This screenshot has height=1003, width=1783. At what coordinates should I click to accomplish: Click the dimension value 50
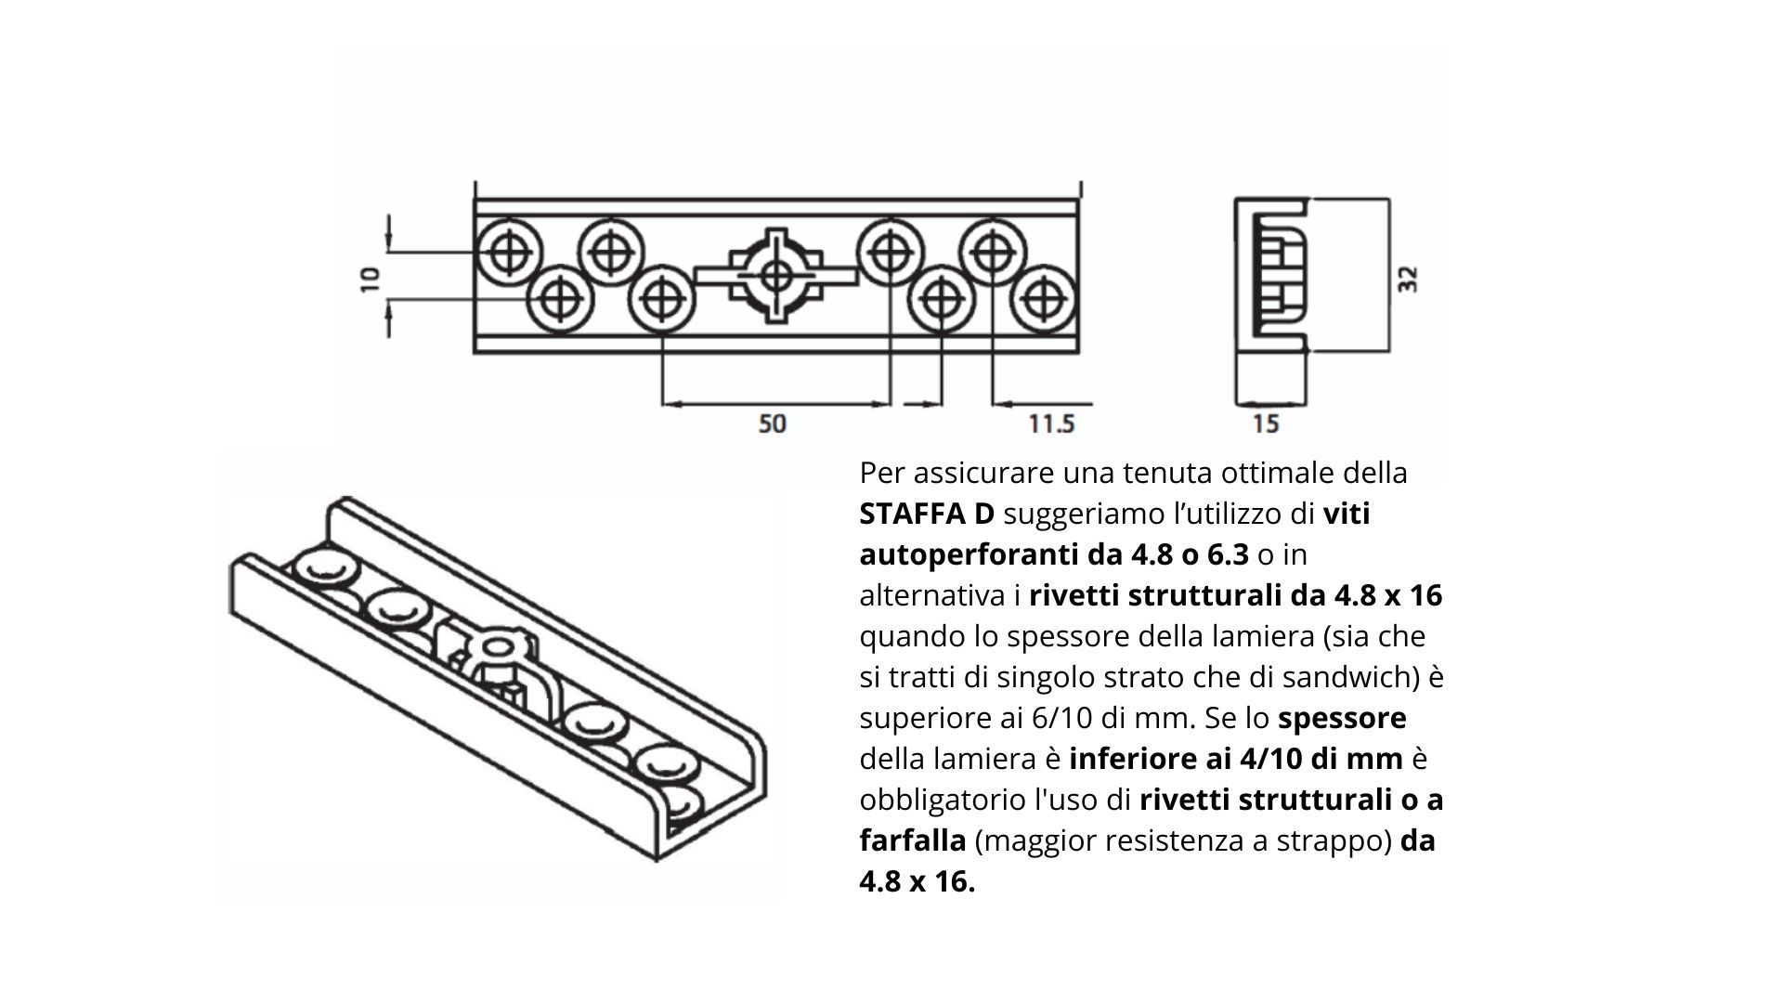coord(772,423)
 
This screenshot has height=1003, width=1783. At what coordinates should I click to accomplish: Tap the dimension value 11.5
coord(1051,423)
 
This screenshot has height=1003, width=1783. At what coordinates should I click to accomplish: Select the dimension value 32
coord(1408,279)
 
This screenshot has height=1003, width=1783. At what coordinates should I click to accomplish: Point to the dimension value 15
coord(1266,423)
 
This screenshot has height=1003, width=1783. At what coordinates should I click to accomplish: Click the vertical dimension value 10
coord(370,279)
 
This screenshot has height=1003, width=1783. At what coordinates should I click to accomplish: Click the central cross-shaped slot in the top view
coord(776,276)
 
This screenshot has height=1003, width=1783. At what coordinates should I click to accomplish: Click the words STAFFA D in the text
coord(927,514)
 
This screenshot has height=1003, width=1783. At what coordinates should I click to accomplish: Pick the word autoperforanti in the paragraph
coord(969,555)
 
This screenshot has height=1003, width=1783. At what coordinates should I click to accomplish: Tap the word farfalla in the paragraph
coord(913,840)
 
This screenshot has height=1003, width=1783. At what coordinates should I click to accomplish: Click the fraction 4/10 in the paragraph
coord(1273,759)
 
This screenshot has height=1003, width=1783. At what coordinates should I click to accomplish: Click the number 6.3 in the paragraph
coord(1228,554)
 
